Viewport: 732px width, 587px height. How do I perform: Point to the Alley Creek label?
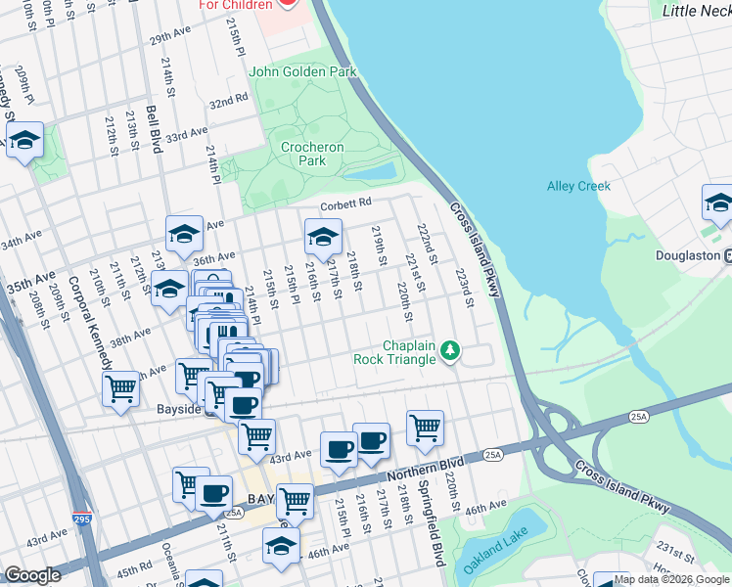pyautogui.click(x=578, y=186)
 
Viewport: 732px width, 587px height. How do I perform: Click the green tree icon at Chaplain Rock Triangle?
pyautogui.click(x=450, y=350)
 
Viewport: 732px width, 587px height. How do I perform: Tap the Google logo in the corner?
pyautogui.click(x=32, y=575)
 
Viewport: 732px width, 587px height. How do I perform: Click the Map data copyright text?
pyautogui.click(x=671, y=579)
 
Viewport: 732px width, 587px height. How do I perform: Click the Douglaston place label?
pyautogui.click(x=688, y=255)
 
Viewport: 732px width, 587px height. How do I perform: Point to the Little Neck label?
pyautogui.click(x=696, y=11)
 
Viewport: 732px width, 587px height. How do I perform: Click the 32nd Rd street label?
pyautogui.click(x=227, y=101)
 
